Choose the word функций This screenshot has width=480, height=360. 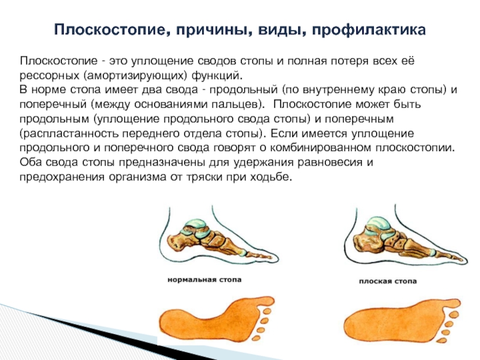coord(217,76)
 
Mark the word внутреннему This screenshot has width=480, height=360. coord(338,91)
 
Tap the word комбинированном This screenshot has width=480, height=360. coord(320,148)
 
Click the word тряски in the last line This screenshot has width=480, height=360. coord(204,177)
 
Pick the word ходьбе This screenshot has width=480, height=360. coord(270,177)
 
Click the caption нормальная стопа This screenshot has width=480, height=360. coord(205,280)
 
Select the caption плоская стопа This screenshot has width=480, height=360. coord(388,281)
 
